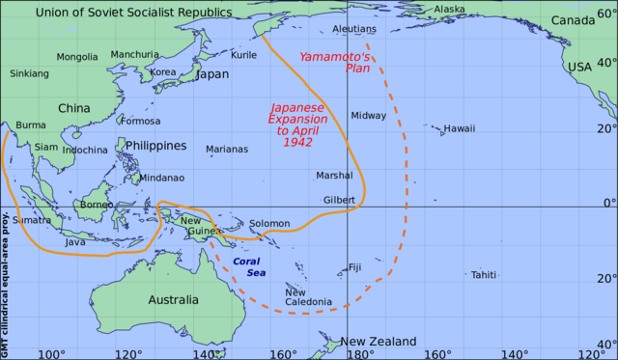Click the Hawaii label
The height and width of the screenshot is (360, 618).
pos(460,128)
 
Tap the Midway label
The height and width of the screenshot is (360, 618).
pos(368,116)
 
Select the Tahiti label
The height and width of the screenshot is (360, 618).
pos(484,275)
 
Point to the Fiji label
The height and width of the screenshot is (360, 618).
pos(354,267)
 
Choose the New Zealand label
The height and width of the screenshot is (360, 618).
pos(378,342)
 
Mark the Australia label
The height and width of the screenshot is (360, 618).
pos(174,300)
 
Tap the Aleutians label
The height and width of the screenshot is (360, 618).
pos(352,30)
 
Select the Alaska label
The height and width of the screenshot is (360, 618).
pos(449,10)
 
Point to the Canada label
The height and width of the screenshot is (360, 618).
pos(573,21)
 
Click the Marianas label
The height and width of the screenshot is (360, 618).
pos(227,150)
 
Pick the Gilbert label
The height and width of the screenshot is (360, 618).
pos(339,200)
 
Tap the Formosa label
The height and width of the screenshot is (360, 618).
pos(140,122)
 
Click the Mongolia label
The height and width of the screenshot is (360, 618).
pos(77,57)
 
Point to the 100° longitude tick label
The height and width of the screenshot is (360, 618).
pos(50,353)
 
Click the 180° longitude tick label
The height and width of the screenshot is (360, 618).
pos(360,353)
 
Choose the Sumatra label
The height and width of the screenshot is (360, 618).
pos(31,220)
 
